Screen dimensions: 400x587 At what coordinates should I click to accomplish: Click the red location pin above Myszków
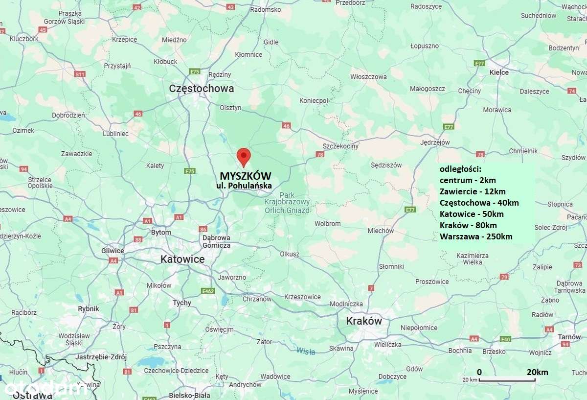point(244,156)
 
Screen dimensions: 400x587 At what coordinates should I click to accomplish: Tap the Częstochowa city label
point(201,89)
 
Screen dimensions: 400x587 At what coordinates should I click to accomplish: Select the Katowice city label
point(182,259)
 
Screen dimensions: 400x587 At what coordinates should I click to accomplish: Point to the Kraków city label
point(363,321)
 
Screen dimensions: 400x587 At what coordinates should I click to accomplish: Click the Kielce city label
point(499,72)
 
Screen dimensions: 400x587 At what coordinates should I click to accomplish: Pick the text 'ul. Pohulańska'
point(244,186)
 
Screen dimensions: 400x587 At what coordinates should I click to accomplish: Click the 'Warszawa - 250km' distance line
point(475,236)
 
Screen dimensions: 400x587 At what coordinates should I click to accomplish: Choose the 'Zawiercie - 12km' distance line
point(472,191)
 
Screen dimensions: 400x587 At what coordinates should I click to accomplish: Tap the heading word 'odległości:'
point(460,169)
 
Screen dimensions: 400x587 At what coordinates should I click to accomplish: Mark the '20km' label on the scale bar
point(537,372)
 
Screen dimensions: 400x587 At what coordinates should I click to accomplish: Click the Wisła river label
point(305,350)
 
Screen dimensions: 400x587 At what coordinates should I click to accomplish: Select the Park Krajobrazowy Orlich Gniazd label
point(287,202)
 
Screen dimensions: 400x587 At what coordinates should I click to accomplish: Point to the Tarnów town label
point(569,337)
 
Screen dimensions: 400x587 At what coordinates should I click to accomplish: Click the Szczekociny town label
point(340,146)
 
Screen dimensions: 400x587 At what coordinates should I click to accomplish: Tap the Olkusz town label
point(289,254)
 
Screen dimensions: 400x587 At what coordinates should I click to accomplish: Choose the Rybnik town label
point(89,309)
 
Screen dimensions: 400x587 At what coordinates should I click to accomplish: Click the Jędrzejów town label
point(435,143)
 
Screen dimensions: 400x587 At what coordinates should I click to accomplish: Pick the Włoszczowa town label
point(368,77)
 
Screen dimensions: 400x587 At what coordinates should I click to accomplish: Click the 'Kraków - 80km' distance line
point(468,225)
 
